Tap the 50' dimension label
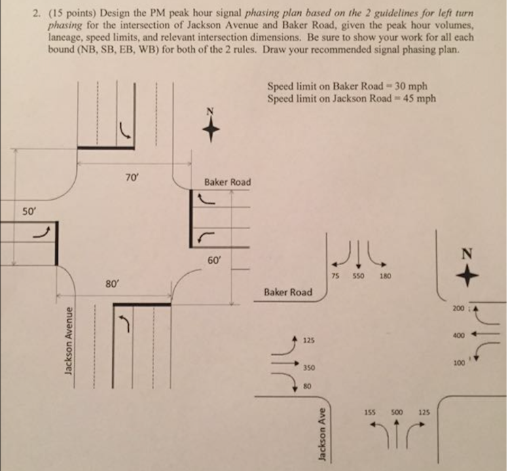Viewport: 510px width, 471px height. (x=27, y=212)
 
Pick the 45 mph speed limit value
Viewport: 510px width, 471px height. (x=418, y=98)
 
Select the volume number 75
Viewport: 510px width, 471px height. (x=335, y=277)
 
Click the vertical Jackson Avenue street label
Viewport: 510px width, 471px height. (x=67, y=347)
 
